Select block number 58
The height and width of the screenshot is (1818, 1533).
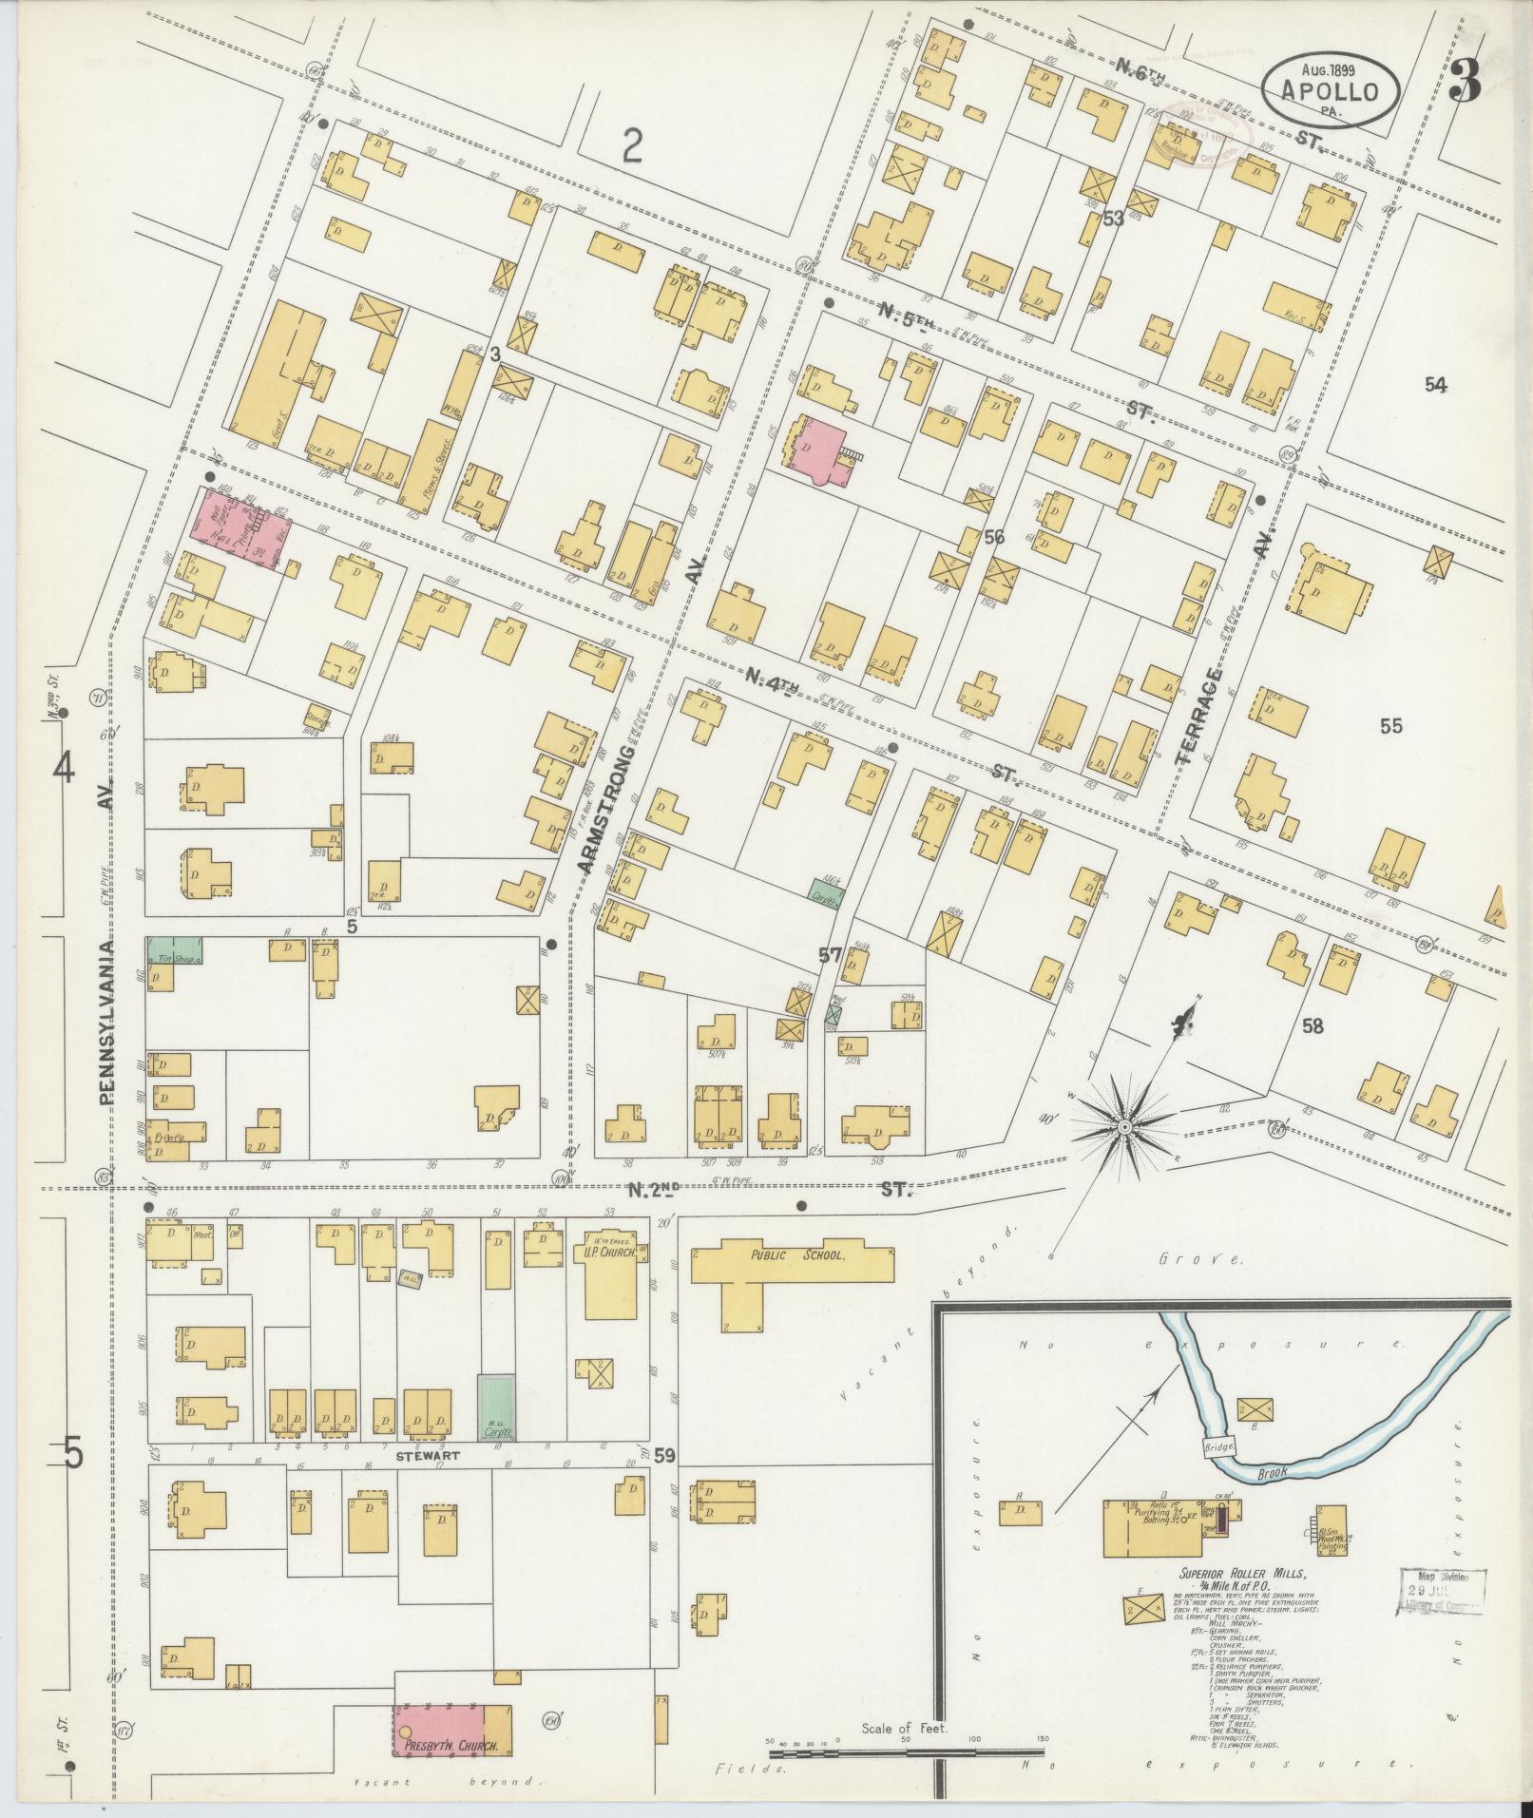pos(1313,1026)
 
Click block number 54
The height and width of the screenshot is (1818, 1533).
pos(1434,385)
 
